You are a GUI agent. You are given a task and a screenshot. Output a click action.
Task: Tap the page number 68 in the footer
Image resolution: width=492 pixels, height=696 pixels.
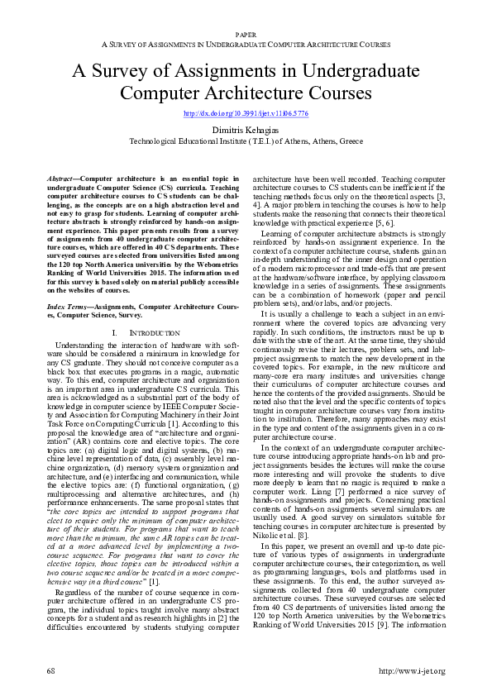pyautogui.click(x=50, y=670)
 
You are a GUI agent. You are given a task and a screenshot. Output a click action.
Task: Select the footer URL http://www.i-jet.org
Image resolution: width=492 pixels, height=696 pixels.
pyautogui.click(x=411, y=670)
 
